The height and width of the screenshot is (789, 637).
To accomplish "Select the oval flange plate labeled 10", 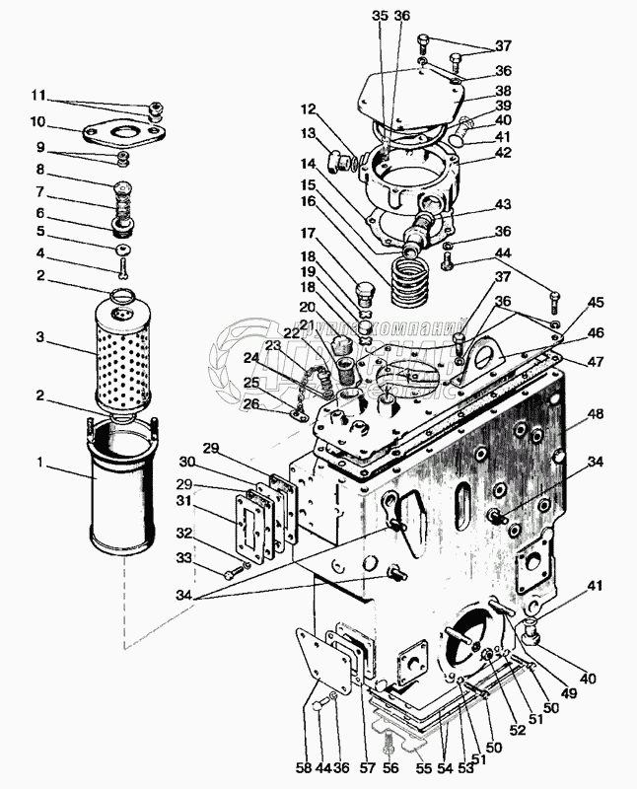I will pos(120,132).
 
